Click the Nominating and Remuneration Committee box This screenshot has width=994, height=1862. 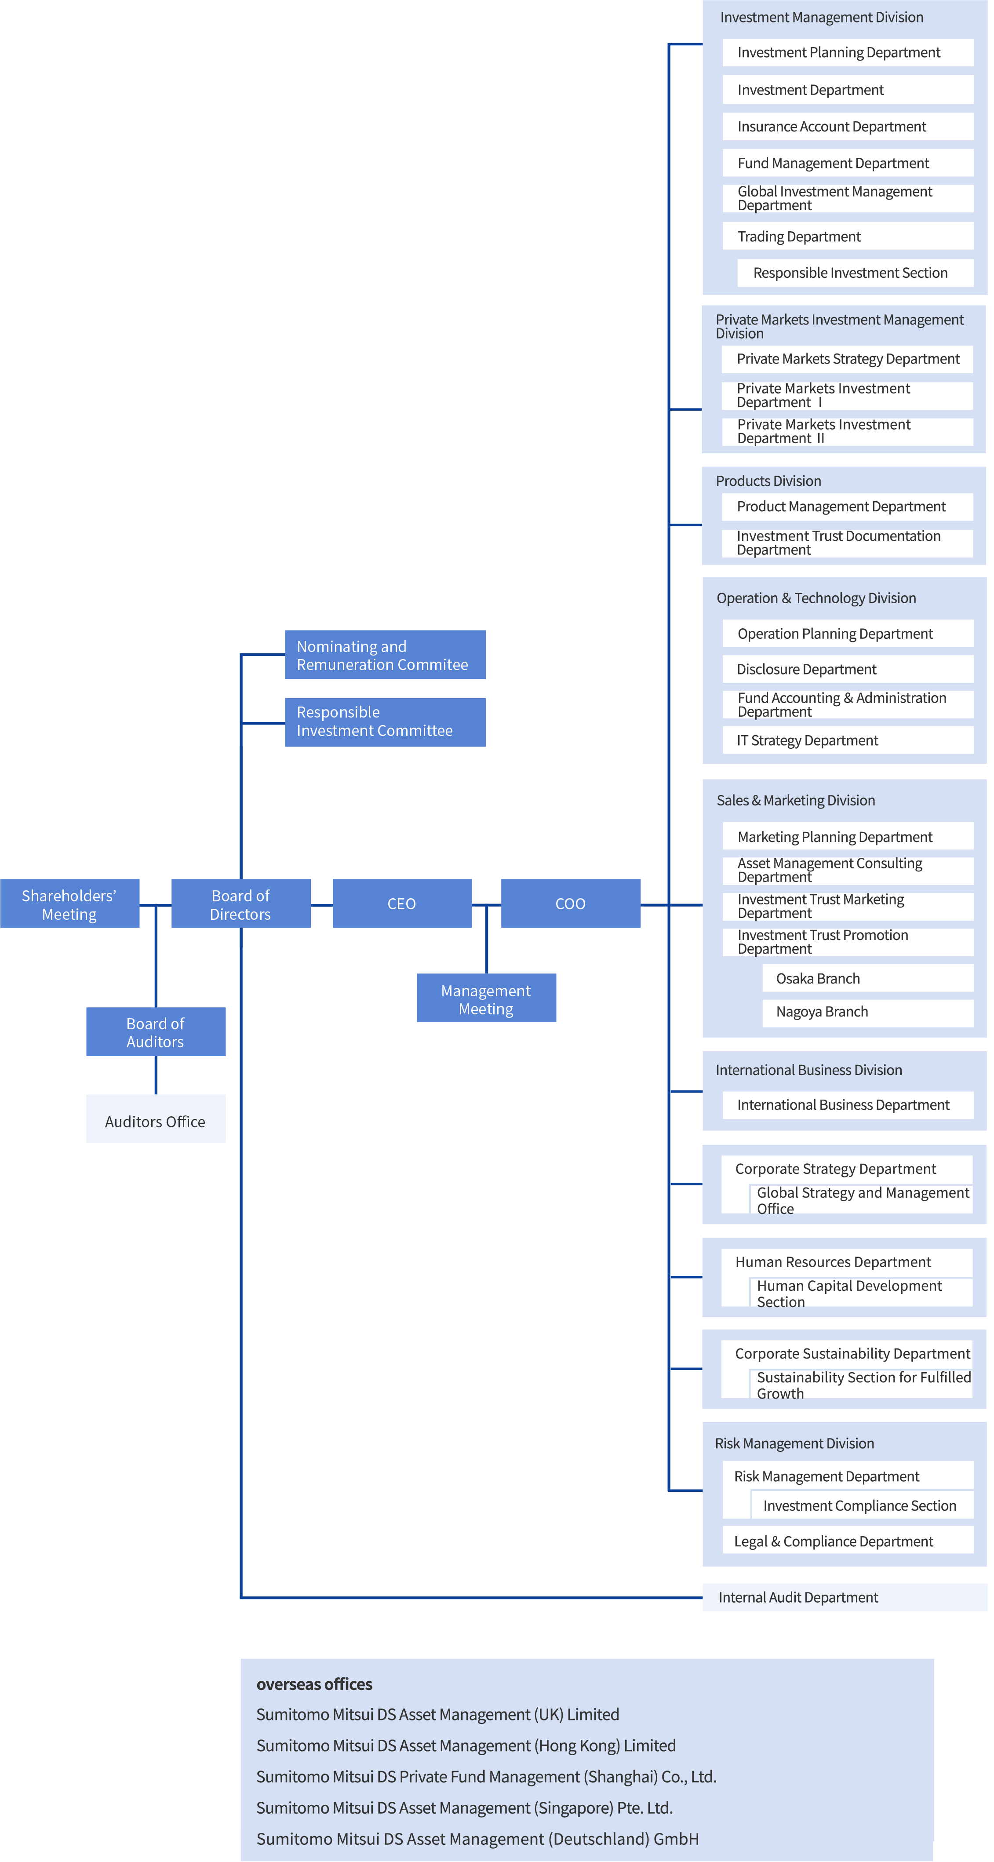(385, 655)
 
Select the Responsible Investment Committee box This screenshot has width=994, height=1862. (385, 722)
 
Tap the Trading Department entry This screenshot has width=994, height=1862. (848, 237)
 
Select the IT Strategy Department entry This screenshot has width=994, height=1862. (848, 740)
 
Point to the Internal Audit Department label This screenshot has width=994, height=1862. (798, 1597)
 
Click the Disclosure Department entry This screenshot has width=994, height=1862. (848, 669)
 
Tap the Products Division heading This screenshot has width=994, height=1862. (768, 481)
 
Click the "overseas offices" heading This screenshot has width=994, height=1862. (314, 1684)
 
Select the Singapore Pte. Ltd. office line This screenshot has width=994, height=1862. (465, 1808)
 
